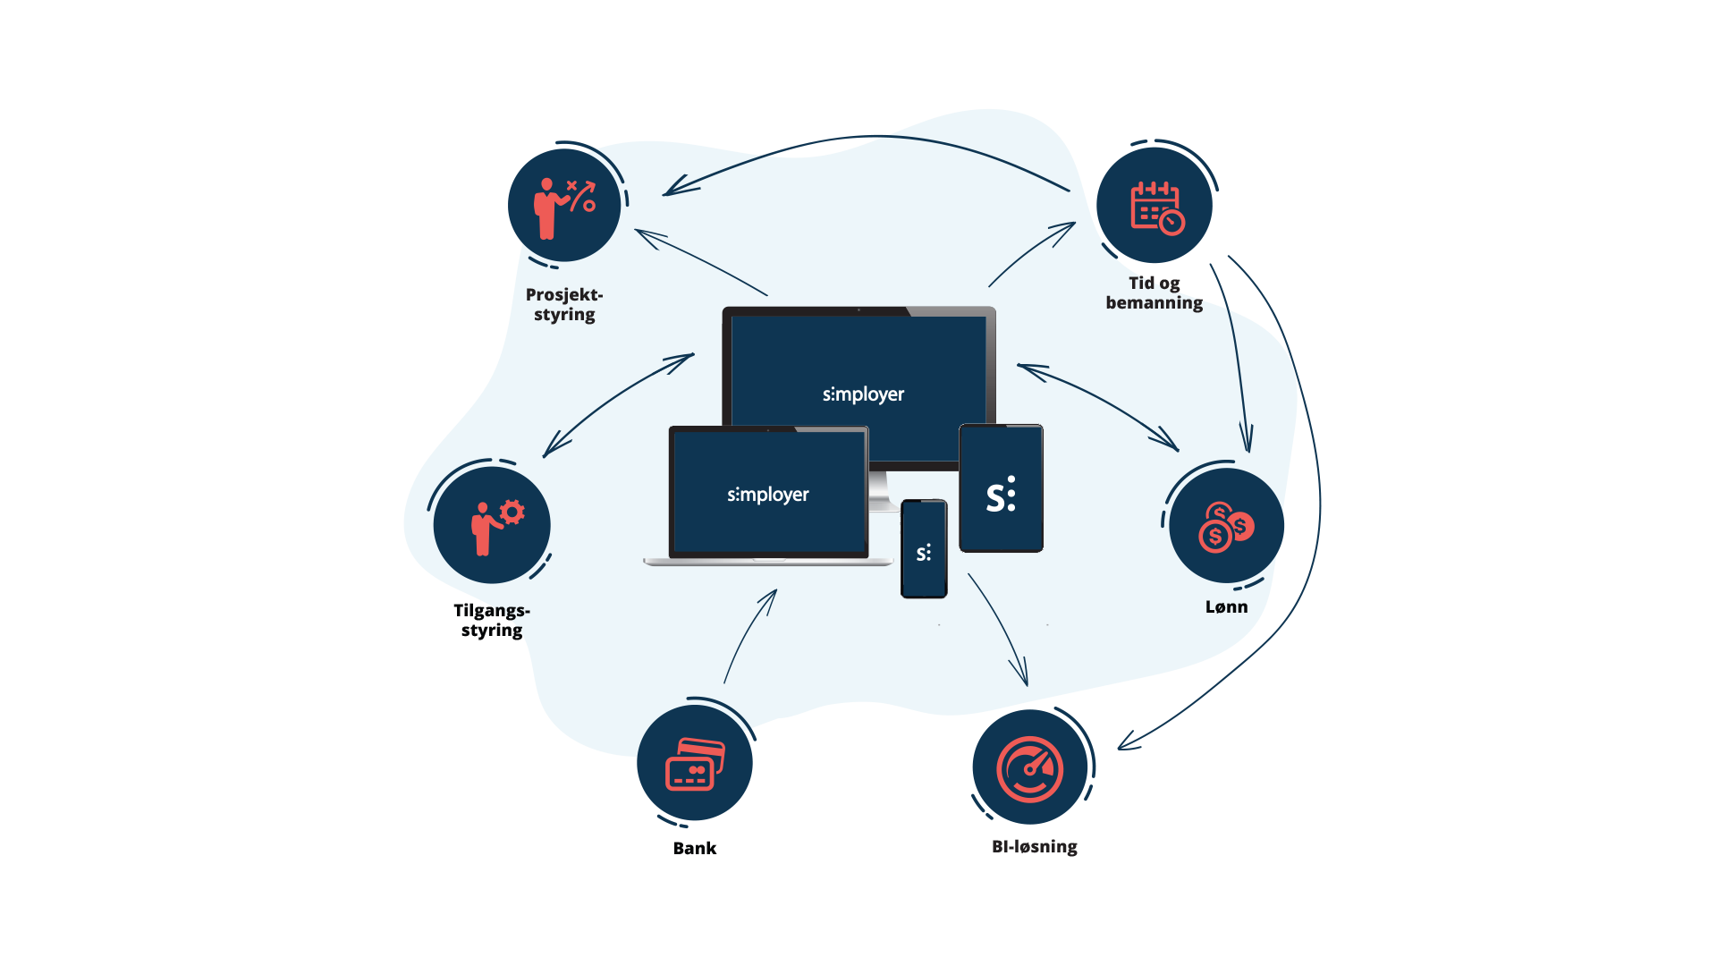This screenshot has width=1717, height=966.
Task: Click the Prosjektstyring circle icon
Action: point(564,205)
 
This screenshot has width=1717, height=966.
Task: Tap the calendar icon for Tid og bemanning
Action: point(1155,206)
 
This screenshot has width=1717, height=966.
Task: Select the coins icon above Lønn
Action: point(1226,526)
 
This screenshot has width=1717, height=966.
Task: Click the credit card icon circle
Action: point(695,763)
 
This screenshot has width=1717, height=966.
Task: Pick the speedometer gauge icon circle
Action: point(1030,767)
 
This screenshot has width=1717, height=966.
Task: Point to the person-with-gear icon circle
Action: point(492,525)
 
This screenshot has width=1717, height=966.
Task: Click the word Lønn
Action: point(1226,607)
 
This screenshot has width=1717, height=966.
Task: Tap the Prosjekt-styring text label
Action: point(564,304)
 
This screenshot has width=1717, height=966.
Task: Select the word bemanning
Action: point(1154,303)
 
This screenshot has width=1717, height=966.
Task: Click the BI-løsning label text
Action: point(1034,846)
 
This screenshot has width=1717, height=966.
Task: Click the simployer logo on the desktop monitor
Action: point(863,394)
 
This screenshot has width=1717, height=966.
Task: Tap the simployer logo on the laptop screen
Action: point(767,495)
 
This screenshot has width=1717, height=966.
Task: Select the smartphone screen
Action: point(924,550)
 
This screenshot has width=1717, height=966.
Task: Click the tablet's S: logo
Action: point(1001,494)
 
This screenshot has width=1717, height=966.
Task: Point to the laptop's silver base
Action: point(767,563)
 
